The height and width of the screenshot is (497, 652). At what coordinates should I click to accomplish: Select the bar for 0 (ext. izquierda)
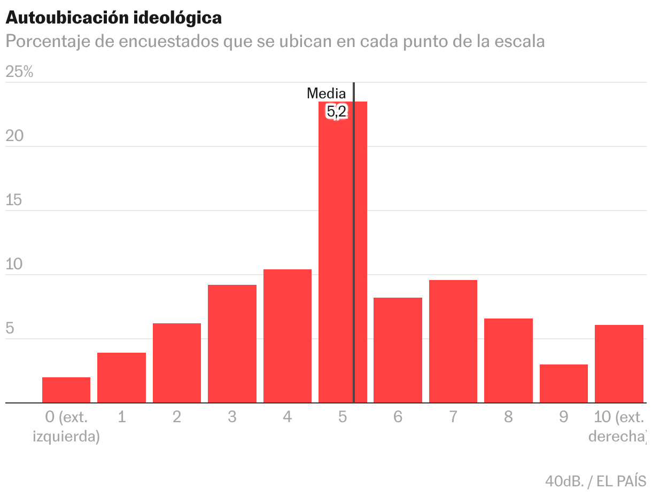coord(66,390)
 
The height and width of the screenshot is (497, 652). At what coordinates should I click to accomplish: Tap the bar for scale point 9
coord(563,384)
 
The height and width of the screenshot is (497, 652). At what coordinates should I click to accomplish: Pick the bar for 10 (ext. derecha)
coord(619,364)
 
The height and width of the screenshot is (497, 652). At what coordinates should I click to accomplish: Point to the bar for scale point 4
coord(288,336)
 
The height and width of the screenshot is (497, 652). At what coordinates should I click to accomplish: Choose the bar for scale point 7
coord(453,341)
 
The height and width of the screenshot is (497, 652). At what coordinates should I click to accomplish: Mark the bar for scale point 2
coord(177,363)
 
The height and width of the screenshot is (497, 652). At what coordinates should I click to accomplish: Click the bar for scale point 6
coord(398,350)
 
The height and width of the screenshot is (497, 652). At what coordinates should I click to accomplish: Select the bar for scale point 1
coord(121,378)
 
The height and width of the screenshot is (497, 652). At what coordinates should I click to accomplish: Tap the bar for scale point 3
coord(232,344)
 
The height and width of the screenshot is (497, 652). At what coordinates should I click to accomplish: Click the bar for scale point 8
coord(508,361)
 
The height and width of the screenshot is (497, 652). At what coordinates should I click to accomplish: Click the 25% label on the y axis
coord(19,72)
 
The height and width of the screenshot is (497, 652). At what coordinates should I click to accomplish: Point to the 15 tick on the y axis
coord(14,200)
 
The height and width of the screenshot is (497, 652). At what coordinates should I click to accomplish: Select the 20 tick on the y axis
coord(14,136)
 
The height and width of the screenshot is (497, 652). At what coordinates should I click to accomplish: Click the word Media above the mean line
coord(326,94)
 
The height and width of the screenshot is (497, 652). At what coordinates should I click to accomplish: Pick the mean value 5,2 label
coord(337,112)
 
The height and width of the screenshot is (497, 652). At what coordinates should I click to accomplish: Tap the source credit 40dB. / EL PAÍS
coord(595,481)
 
